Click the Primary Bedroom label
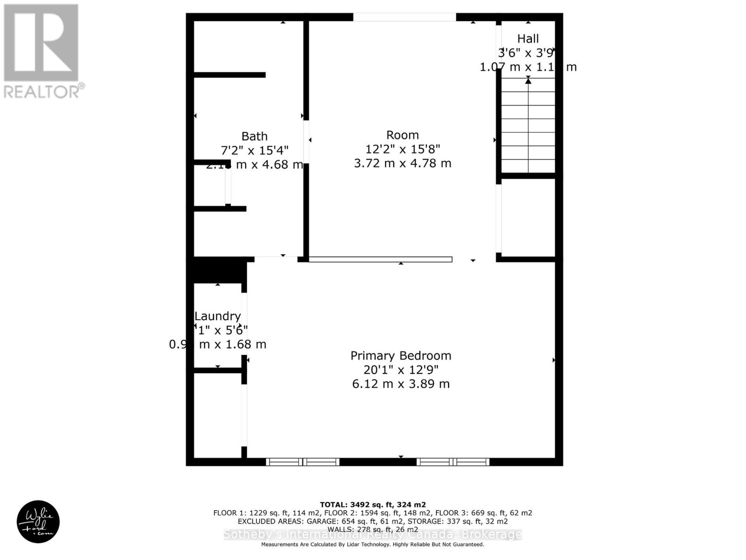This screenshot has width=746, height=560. [x=401, y=356]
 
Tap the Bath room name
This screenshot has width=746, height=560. [x=254, y=136]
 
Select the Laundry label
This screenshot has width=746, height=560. [x=217, y=316]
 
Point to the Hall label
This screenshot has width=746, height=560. [x=528, y=39]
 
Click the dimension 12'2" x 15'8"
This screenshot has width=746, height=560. [x=402, y=149]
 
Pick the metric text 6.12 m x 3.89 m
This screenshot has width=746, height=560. [x=401, y=384]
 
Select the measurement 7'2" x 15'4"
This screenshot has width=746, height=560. [x=254, y=150]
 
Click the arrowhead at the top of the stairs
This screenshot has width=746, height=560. [x=528, y=81]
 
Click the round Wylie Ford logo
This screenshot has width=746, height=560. [x=38, y=521]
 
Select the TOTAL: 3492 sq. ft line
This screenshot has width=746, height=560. [x=373, y=504]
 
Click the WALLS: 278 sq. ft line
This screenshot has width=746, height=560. [x=373, y=529]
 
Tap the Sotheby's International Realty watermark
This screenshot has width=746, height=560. [x=373, y=535]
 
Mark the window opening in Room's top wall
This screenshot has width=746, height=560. [x=404, y=17]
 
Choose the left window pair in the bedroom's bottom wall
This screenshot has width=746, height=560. [x=303, y=462]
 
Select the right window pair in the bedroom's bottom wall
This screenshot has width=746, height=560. [x=453, y=462]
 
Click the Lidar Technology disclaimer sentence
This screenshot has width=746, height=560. [x=373, y=544]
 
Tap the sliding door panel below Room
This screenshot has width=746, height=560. [x=380, y=259]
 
